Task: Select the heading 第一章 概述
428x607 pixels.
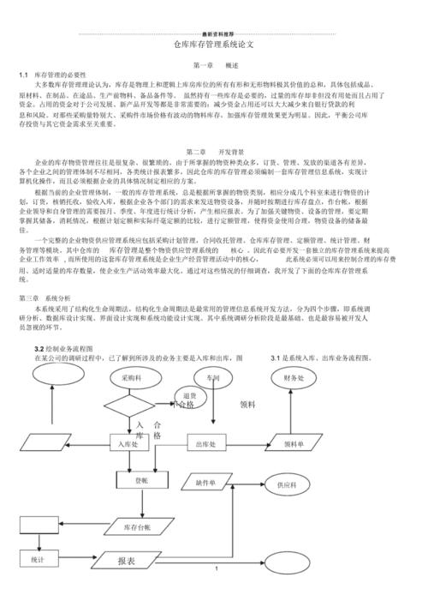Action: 215,64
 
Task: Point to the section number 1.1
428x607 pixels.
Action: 24,75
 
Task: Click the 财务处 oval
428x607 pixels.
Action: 294,377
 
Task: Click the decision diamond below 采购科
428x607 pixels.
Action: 133,403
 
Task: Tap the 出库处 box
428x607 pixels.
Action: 211,443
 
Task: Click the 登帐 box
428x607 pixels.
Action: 140,482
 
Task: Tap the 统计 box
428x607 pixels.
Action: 39,559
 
